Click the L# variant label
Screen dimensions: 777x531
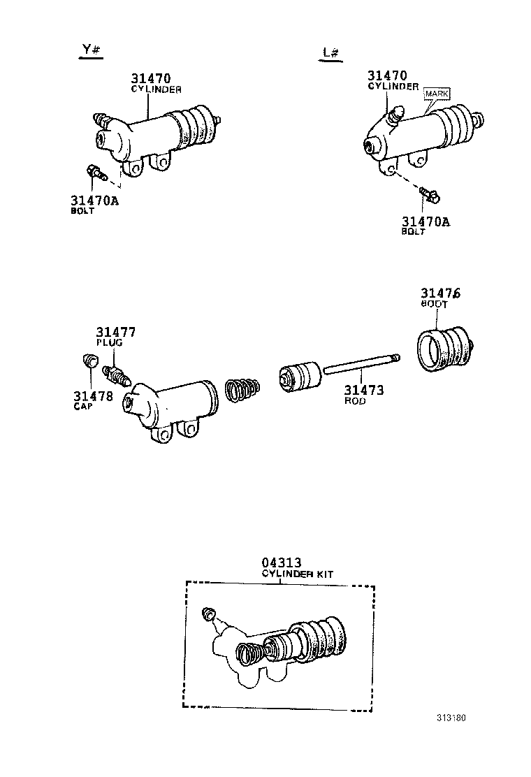pyautogui.click(x=330, y=53)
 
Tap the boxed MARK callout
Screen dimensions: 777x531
pyautogui.click(x=438, y=93)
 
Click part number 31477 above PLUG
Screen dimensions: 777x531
pyautogui.click(x=116, y=332)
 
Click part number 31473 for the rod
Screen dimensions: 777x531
pyautogui.click(x=364, y=391)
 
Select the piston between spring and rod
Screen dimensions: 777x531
pyautogui.click(x=299, y=377)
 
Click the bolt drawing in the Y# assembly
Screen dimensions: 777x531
pyautogui.click(x=92, y=170)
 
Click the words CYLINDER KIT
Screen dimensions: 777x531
pyautogui.click(x=297, y=574)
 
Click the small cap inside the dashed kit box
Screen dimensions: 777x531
pyautogui.click(x=207, y=613)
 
